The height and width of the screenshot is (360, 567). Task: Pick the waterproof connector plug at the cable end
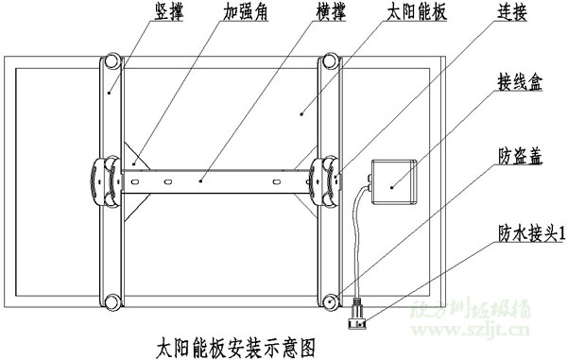359,312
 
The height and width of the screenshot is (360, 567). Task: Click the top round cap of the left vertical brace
112,61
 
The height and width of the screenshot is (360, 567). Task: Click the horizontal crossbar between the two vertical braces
217,178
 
